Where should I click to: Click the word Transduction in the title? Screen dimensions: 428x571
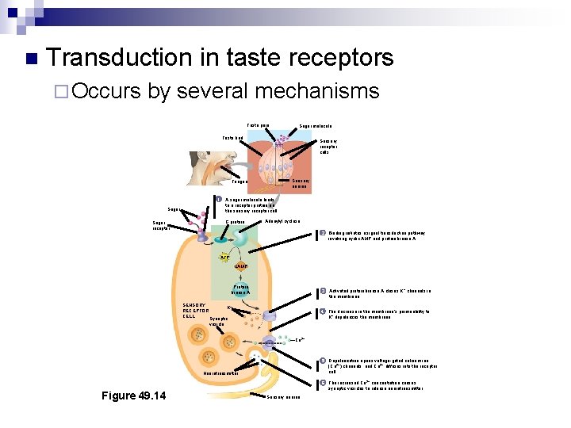(119, 58)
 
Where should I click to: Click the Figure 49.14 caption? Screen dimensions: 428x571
(134, 396)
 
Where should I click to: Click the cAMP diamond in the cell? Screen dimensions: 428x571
(240, 267)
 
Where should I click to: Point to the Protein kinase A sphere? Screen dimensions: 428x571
(241, 290)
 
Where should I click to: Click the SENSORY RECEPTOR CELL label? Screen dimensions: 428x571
(194, 311)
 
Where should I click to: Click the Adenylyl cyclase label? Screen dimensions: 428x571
(282, 221)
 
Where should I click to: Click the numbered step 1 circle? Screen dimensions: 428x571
(219, 198)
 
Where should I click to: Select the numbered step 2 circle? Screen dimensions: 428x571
(322, 232)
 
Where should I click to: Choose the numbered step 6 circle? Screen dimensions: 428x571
(322, 384)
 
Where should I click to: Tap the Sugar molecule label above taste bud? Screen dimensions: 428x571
(315, 126)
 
